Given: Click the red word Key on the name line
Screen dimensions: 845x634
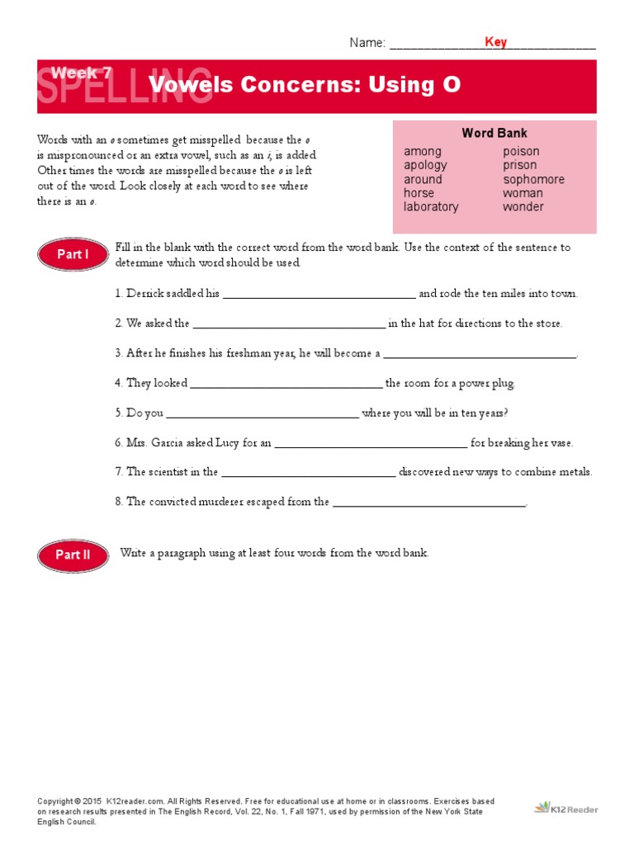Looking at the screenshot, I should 495,42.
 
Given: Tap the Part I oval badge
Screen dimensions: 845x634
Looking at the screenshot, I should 73,255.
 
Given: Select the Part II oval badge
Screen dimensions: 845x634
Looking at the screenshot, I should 73,555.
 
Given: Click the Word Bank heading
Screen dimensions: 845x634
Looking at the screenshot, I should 494,133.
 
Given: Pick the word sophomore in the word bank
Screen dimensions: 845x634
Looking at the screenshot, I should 533,179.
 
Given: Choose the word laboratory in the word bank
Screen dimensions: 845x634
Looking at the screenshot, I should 431,206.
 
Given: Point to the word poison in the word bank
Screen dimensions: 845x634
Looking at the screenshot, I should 521,151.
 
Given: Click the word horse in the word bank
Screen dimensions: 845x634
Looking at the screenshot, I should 419,193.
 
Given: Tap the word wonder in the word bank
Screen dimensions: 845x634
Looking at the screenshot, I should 523,206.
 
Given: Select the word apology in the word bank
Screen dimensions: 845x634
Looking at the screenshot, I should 425,165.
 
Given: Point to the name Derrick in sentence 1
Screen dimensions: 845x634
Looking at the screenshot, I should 144,294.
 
